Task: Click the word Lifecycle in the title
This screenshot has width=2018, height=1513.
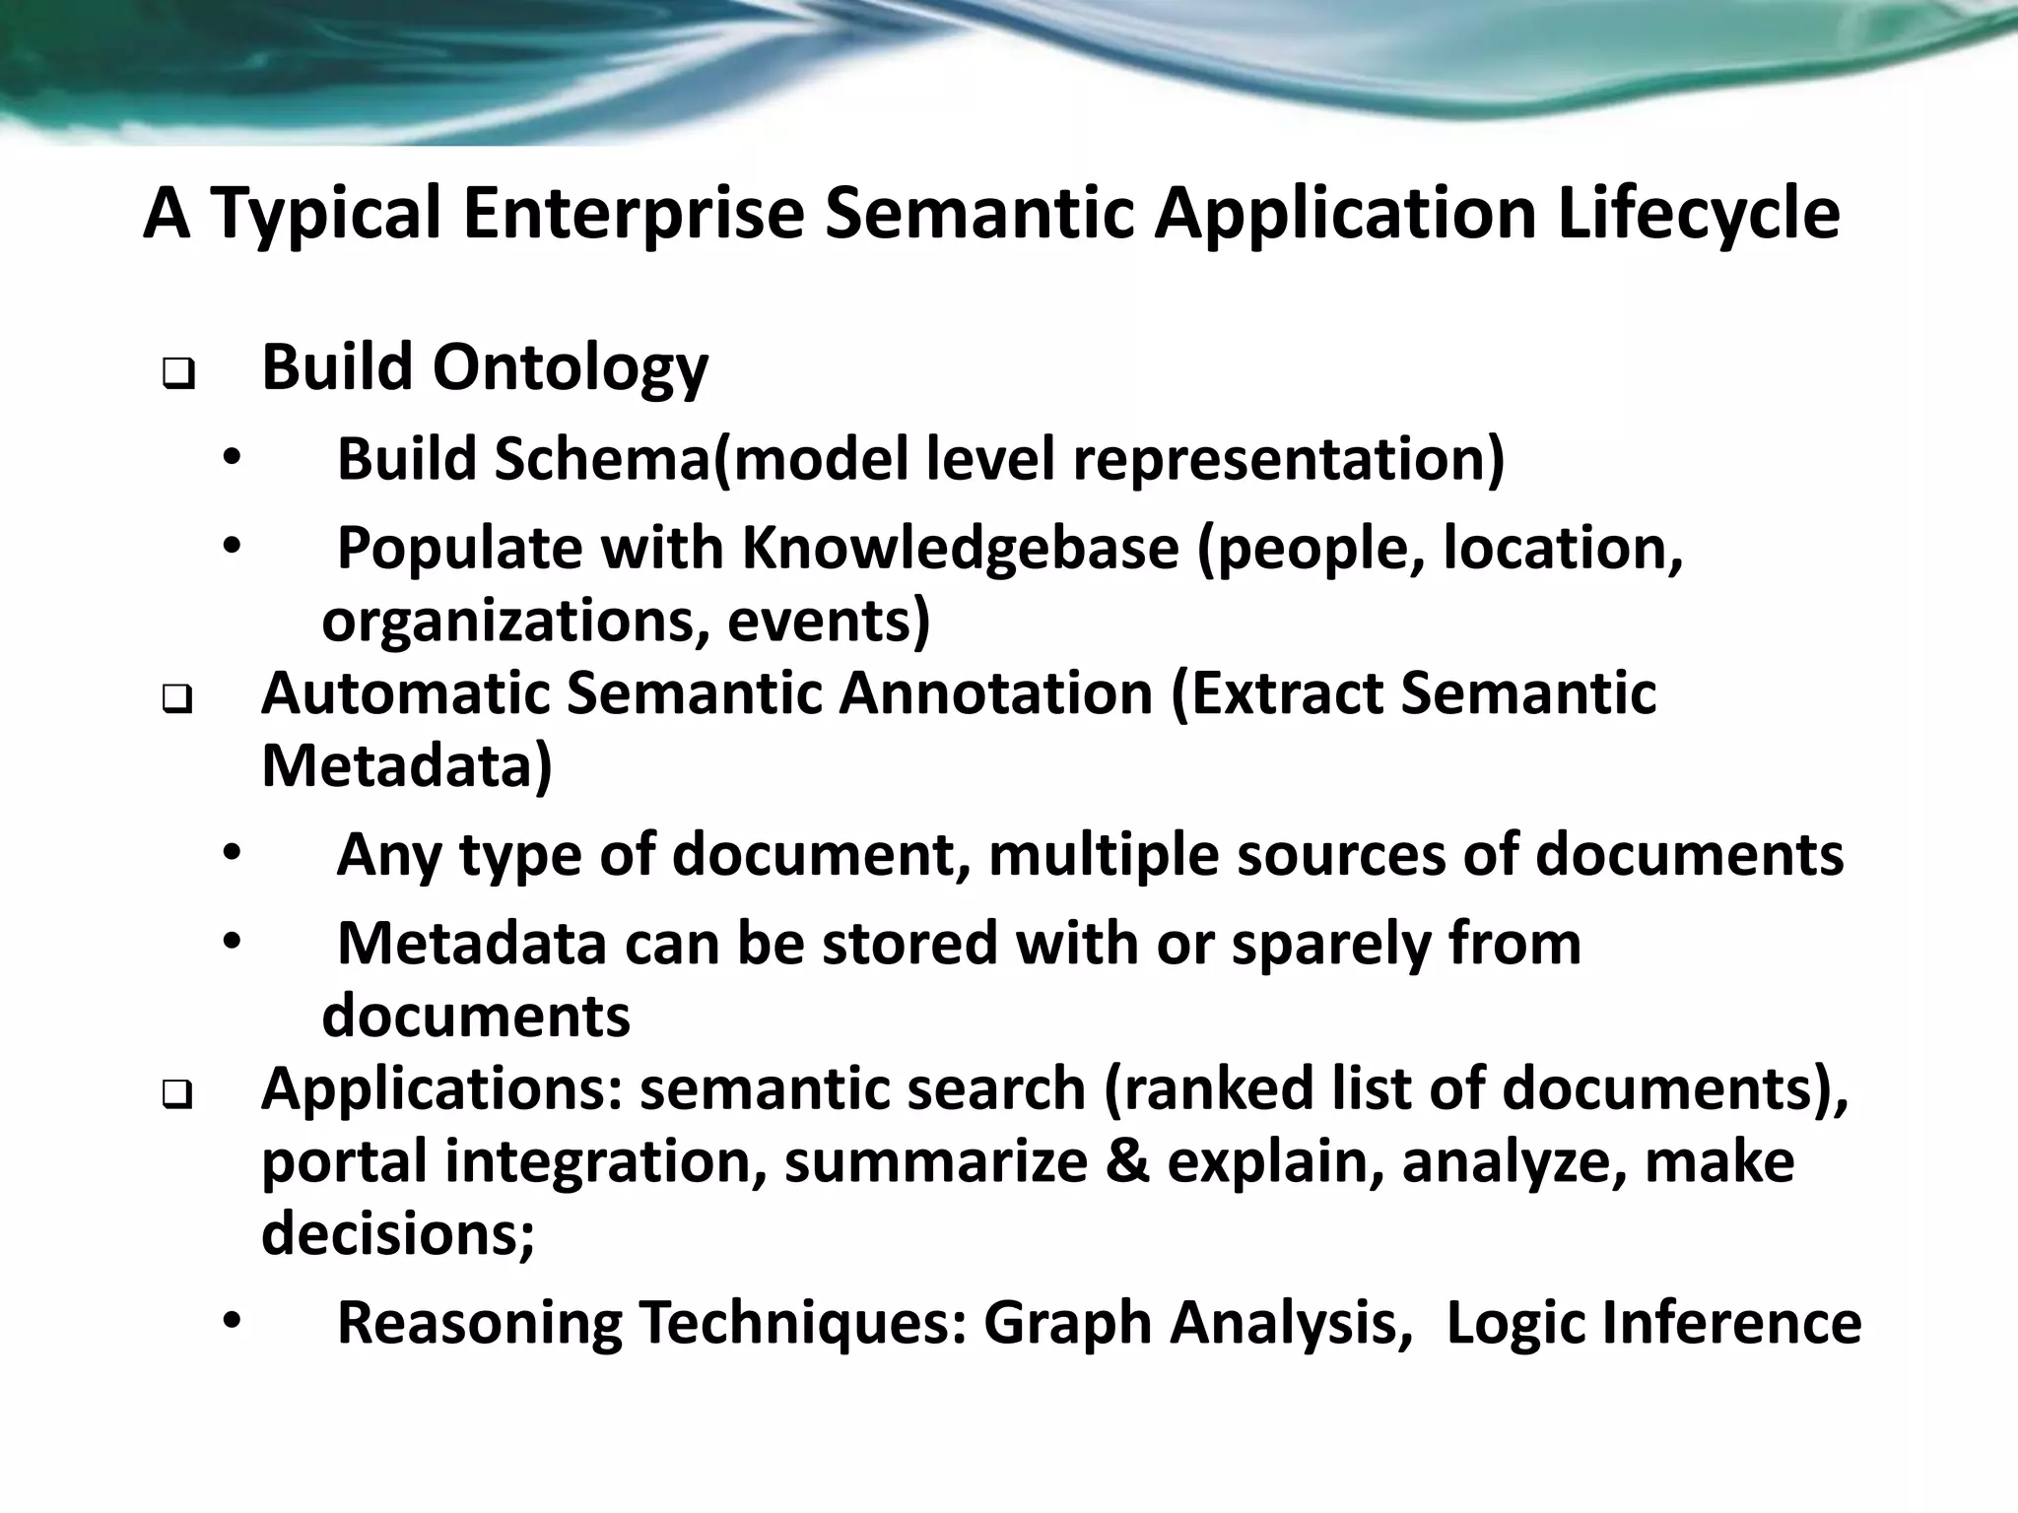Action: (x=1699, y=215)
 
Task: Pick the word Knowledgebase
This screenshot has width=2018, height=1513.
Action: (x=960, y=548)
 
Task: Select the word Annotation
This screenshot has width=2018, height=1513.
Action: (x=995, y=692)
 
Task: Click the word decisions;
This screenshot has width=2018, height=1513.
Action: (x=398, y=1232)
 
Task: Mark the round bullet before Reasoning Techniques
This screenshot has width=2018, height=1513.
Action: (x=231, y=1322)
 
